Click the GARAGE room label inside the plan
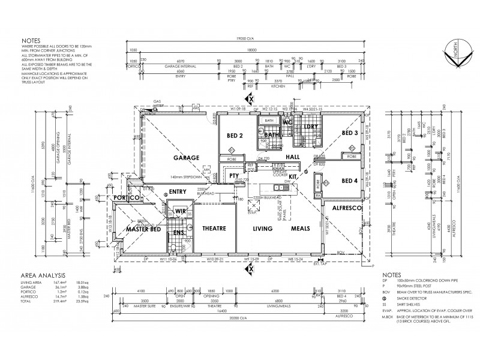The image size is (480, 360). [187, 157]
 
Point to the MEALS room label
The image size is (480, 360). [300, 229]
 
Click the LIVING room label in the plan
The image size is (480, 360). [263, 229]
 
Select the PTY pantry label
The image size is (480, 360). [235, 176]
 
